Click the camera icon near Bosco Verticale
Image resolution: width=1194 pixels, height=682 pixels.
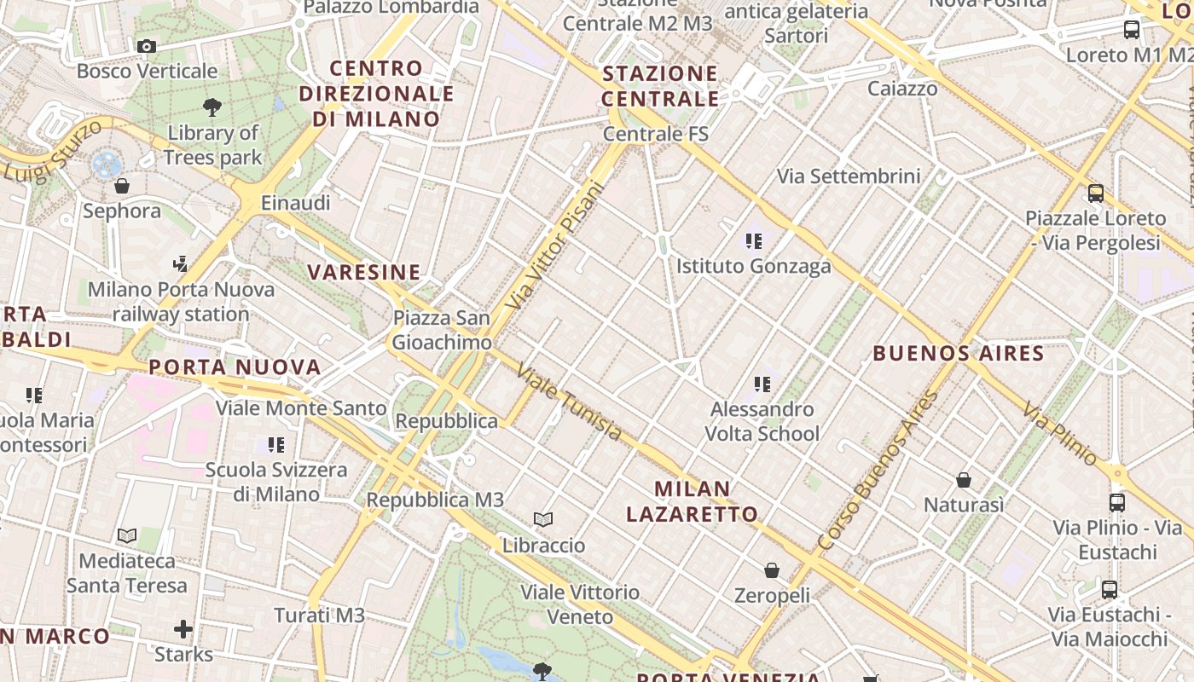click(x=146, y=46)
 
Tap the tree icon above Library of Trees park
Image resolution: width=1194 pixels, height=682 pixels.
click(x=212, y=107)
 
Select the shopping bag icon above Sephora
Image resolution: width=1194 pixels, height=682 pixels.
click(x=122, y=185)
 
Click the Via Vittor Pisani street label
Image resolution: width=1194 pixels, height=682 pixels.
click(x=554, y=246)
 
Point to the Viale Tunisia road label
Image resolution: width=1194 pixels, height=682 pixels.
click(x=570, y=403)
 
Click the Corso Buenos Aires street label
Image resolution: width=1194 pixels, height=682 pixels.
click(x=877, y=471)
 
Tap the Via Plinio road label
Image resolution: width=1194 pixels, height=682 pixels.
click(x=1061, y=433)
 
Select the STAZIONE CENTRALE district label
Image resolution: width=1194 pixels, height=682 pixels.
click(x=660, y=86)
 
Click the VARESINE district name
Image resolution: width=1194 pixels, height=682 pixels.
click(x=364, y=273)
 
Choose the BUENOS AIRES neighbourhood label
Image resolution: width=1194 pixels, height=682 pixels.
click(x=959, y=353)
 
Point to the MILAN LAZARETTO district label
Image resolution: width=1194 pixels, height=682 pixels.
click(x=692, y=501)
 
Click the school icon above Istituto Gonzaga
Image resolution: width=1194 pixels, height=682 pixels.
click(x=753, y=241)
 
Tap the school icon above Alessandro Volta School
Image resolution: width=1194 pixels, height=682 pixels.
click(x=762, y=384)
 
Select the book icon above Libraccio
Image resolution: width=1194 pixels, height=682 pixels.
click(x=543, y=519)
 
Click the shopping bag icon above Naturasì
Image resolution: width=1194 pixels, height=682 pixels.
click(x=964, y=480)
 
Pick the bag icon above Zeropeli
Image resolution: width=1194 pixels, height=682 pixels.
click(x=772, y=570)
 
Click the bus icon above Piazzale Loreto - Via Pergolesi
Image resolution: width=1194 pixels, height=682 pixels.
click(x=1096, y=194)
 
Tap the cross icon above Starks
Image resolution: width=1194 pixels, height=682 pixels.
click(x=183, y=630)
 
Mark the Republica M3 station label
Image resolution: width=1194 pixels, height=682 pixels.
click(x=435, y=500)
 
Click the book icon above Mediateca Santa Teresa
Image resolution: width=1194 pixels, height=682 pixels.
click(x=127, y=535)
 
